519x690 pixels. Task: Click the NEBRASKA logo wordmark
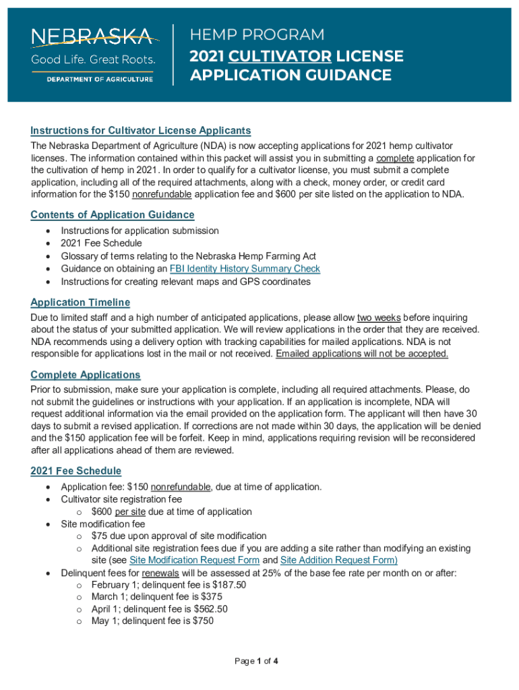click(93, 36)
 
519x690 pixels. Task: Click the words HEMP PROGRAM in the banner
click(257, 35)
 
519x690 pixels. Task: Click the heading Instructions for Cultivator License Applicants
click(141, 131)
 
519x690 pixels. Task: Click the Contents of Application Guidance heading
click(113, 215)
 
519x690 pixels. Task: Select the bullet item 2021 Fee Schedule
click(101, 243)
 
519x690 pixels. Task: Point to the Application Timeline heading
click(80, 303)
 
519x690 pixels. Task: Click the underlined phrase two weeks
click(377, 317)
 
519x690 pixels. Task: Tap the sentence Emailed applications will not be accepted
click(362, 354)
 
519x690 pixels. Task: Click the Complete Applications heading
click(86, 375)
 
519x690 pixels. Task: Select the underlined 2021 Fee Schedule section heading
click(76, 471)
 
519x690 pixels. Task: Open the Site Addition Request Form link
click(338, 560)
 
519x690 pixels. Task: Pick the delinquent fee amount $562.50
click(209, 608)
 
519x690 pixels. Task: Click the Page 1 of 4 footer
click(256, 661)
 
